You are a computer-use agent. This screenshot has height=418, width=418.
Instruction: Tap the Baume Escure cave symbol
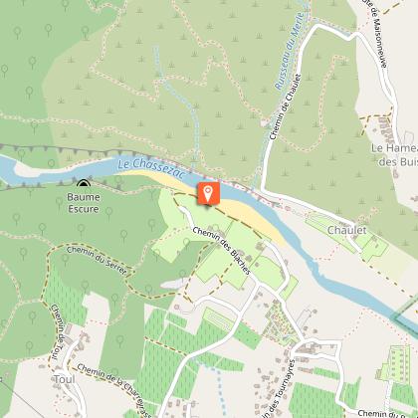click(84, 183)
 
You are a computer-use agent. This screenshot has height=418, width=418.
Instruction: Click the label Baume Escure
click(84, 203)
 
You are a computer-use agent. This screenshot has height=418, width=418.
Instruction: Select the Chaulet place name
click(346, 229)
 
